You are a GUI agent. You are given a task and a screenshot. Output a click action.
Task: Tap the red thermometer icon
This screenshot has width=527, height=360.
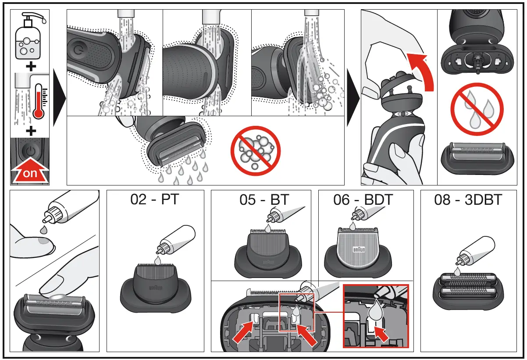[39, 101]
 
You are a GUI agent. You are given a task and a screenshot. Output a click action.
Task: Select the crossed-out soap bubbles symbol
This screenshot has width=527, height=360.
[255, 150]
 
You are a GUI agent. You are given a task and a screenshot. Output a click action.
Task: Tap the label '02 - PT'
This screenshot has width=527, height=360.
[155, 200]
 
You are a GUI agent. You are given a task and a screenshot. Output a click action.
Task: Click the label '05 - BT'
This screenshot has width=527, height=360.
[264, 200]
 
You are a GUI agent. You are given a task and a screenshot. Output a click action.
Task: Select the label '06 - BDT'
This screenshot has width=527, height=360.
[363, 200]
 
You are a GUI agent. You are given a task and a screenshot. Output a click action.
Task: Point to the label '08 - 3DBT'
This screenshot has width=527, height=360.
[468, 200]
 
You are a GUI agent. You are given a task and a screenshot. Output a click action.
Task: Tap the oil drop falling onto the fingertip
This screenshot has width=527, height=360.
[43, 229]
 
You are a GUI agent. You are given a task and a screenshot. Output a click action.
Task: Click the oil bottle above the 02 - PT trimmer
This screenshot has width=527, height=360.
[173, 239]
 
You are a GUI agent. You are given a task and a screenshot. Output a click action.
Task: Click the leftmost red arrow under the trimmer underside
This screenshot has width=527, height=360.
[242, 333]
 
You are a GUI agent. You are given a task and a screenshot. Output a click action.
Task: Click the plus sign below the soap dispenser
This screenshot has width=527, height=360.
[30, 66]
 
